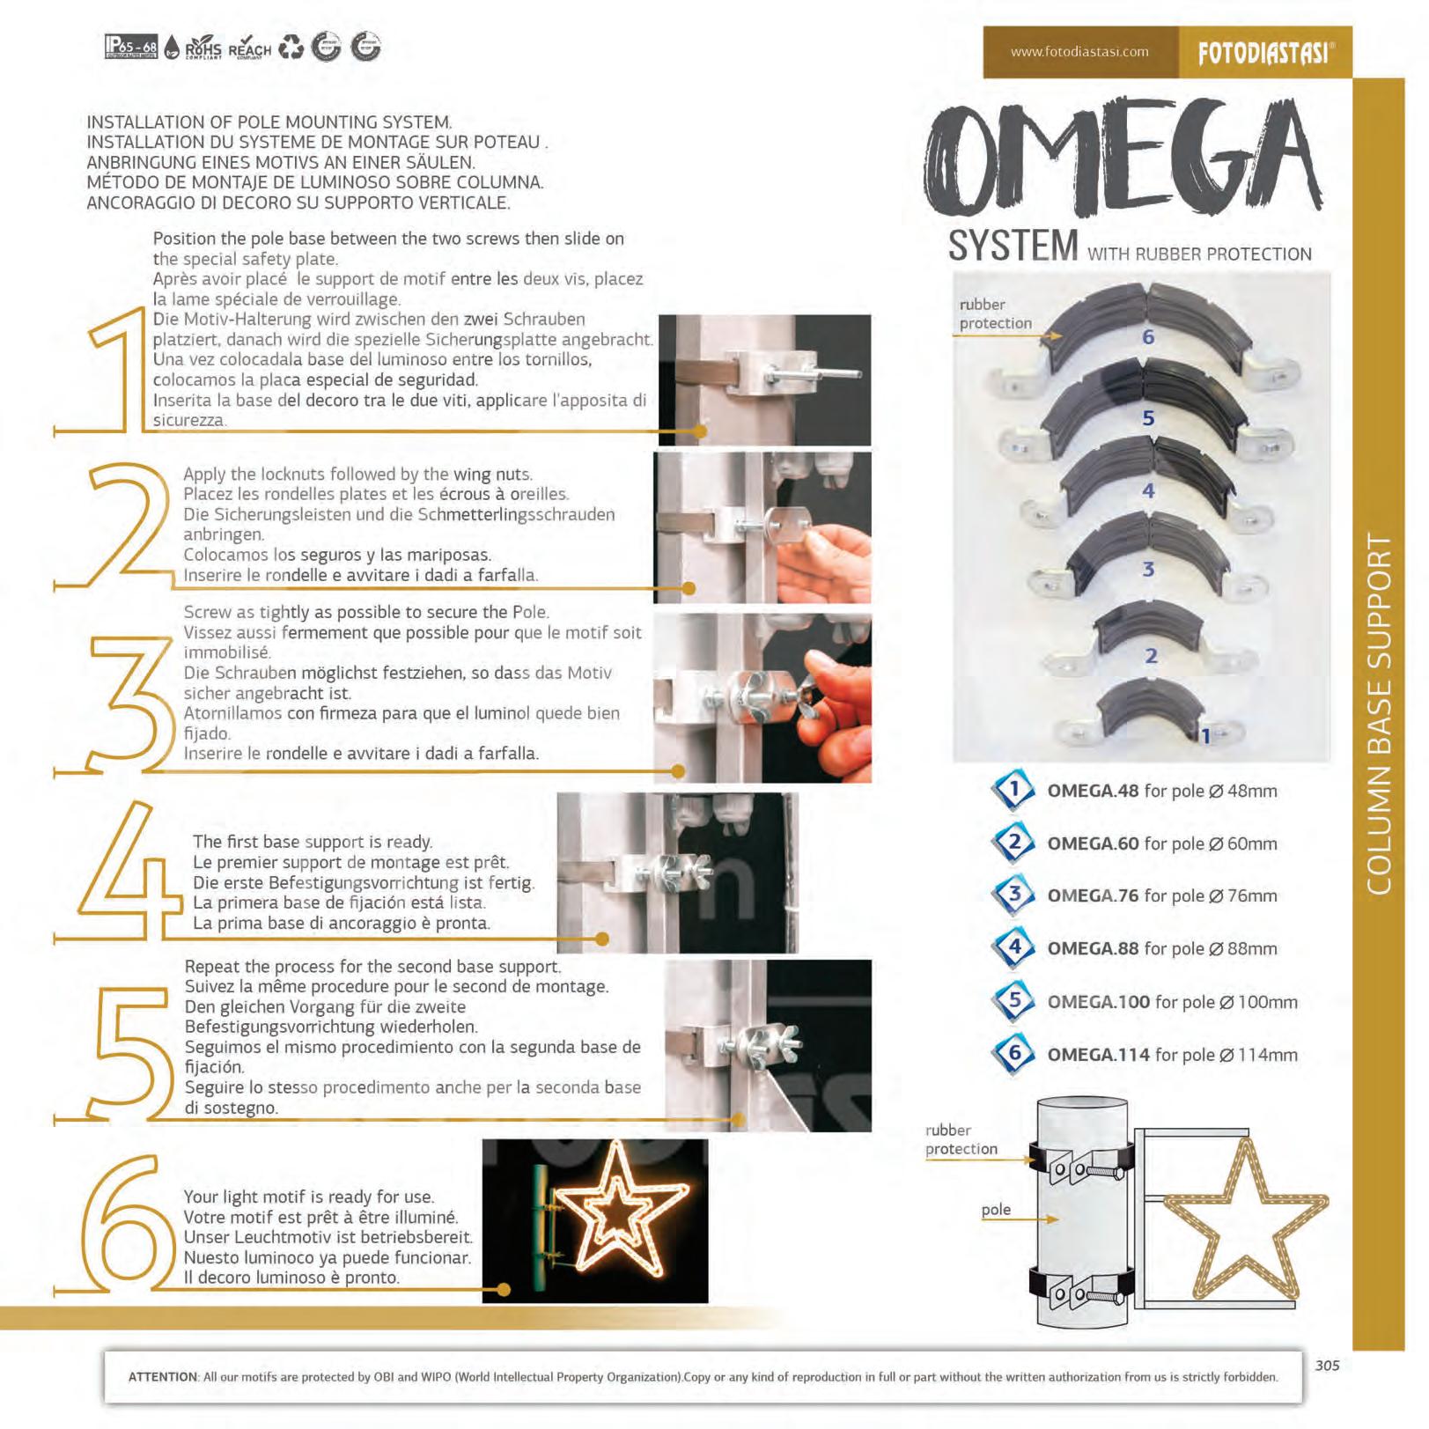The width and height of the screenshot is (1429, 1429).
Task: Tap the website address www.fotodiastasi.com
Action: point(1079,52)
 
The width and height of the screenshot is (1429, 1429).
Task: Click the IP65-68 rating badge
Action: point(131,47)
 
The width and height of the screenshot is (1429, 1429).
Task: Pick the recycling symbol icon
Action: point(291,48)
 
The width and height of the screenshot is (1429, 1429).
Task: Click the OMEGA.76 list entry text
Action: point(1161,895)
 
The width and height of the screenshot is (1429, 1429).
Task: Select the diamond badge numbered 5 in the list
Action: point(1014,1001)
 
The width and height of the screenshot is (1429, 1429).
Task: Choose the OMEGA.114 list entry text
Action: point(1172,1054)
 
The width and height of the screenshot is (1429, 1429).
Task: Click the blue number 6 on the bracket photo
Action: point(1148,336)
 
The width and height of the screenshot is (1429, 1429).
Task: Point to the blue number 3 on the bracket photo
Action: point(1148,569)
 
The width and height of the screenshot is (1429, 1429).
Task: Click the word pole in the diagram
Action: point(996,1211)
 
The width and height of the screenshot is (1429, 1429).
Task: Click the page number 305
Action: point(1327,1366)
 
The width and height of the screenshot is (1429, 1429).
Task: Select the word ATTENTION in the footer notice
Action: point(163,1377)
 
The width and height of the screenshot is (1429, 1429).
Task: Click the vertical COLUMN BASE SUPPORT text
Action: point(1379,713)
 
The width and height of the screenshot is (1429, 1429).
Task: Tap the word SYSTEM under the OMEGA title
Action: point(1013,246)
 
